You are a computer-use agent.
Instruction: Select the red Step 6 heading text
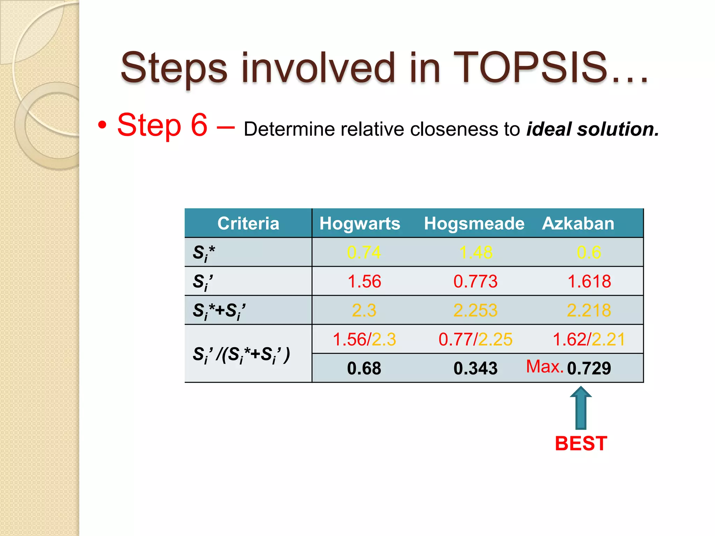click(162, 125)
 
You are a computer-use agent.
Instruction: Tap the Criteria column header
click(248, 223)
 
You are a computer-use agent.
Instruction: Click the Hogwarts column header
click(360, 223)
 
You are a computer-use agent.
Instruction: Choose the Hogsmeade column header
click(474, 223)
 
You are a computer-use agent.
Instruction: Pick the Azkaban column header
click(578, 223)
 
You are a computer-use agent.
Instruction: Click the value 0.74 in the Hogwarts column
click(364, 252)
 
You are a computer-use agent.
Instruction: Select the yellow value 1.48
click(476, 252)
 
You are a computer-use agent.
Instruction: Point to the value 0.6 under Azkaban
click(589, 252)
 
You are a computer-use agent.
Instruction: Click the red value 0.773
click(475, 281)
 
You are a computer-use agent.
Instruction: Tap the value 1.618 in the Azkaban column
click(589, 281)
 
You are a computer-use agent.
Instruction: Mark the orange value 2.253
click(475, 310)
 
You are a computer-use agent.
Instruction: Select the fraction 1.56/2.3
click(364, 339)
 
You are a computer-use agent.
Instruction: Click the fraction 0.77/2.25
click(475, 339)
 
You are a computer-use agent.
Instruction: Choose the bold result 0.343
click(475, 368)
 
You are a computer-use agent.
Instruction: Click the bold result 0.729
click(589, 368)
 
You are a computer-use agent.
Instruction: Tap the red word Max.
click(544, 366)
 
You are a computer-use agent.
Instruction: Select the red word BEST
click(581, 444)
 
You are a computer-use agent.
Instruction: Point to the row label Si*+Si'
click(219, 311)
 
